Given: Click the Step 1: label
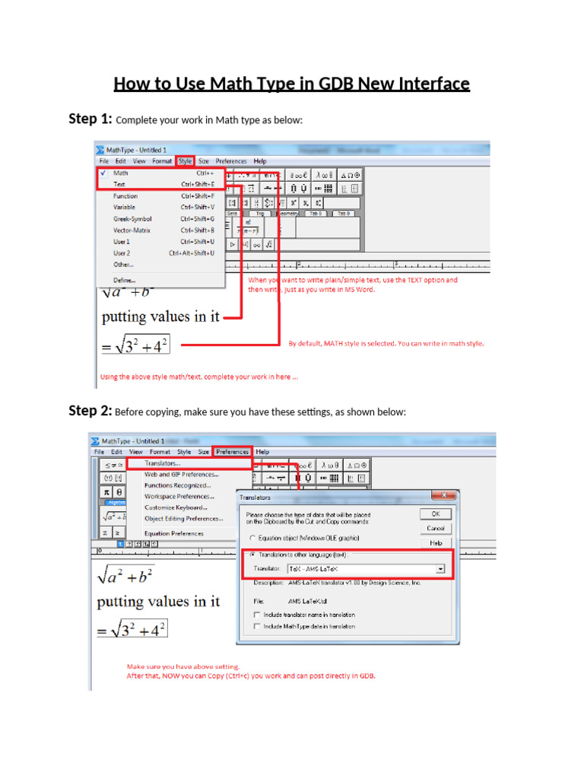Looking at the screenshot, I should coord(90,119).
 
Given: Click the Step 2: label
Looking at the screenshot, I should coord(90,411).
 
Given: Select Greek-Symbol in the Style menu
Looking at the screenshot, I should coord(132,218).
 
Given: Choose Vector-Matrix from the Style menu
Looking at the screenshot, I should coord(132,230).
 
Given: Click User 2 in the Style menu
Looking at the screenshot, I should coord(122,253).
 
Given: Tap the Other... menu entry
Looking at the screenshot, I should coord(123,264).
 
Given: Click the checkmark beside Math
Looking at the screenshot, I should coord(102,173).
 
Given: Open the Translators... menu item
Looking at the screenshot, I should coord(163,463).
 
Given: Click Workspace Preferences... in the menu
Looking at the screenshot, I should coord(179,496).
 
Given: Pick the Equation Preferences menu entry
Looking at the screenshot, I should coord(174,533).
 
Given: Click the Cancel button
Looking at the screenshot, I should coord(436,528).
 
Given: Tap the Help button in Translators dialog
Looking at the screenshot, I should coord(436,543).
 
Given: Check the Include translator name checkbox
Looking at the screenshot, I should coord(257,615).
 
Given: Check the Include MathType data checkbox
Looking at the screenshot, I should coord(257,626).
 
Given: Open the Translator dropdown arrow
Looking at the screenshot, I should coord(440,568).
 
